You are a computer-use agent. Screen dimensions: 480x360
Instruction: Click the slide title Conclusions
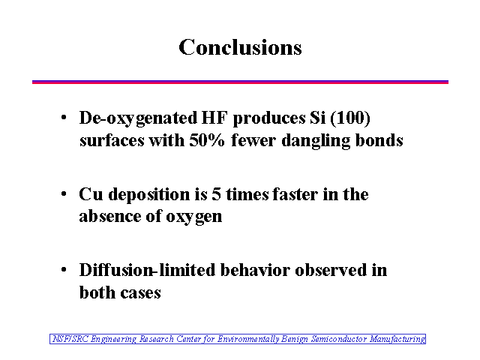coord(240,47)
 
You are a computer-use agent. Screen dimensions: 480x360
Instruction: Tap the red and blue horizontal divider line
coord(240,82)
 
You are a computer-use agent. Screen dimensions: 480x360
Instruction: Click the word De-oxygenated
coord(138,118)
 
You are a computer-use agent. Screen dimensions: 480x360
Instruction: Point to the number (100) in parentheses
coord(350,118)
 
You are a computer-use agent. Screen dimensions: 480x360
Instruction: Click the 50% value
coord(207,140)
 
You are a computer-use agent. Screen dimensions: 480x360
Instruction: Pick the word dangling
coord(316,142)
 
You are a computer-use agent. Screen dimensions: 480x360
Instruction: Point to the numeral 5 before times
coord(216,194)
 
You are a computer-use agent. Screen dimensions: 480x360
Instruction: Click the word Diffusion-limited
coord(147,270)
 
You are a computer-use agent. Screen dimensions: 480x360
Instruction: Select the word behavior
coord(255,270)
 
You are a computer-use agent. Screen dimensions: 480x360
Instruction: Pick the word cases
coord(140,293)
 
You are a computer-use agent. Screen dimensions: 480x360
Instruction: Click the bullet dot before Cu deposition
coord(64,193)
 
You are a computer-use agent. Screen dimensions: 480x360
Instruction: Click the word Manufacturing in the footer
coord(397,339)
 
